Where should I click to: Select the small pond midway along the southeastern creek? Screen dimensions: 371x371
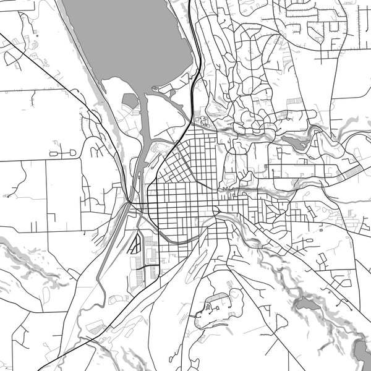[x=304, y=304]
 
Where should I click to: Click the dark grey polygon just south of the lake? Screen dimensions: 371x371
[x=130, y=101]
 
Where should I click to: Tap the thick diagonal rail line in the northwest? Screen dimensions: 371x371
[x=43, y=68]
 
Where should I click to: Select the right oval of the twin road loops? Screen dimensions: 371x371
[x=70, y=151]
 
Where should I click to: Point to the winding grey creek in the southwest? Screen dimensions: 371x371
[x=37, y=260]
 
